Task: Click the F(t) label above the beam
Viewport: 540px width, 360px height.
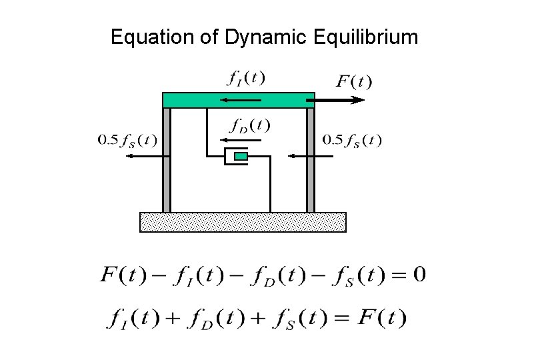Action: (x=353, y=82)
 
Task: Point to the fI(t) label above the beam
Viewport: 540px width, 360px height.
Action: (x=245, y=78)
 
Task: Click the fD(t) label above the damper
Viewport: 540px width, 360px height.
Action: (x=249, y=125)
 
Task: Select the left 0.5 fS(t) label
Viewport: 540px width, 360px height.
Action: (x=128, y=140)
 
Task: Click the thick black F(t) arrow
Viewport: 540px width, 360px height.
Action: (x=340, y=100)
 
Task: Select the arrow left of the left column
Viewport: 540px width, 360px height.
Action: (x=147, y=156)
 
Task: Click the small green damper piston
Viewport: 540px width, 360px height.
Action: (x=241, y=156)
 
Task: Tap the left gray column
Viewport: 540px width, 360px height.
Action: (x=167, y=160)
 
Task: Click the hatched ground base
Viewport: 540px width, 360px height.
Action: (x=243, y=222)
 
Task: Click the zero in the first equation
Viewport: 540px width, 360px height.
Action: (x=419, y=275)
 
